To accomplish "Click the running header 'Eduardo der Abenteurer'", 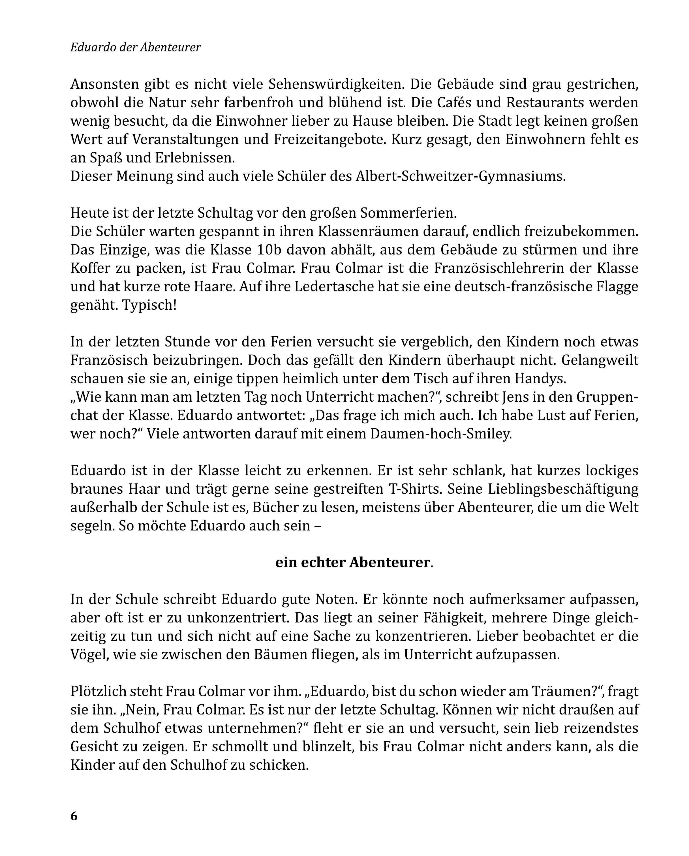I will pyautogui.click(x=135, y=47).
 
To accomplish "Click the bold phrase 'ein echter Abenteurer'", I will pyautogui.click(x=353, y=562).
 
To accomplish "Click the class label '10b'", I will pyautogui.click(x=268, y=250).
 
